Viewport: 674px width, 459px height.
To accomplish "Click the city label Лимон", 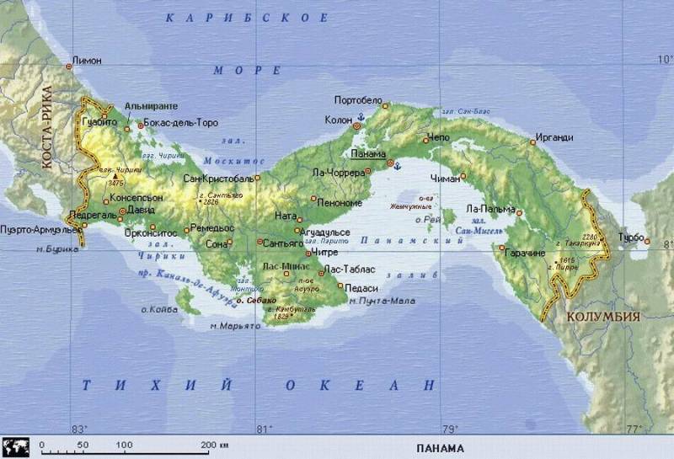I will pos(88,61).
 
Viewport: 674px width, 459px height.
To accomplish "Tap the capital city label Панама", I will pos(367,154).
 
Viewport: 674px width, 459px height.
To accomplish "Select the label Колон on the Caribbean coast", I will pos(338,120).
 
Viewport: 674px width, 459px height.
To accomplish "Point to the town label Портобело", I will pos(358,99).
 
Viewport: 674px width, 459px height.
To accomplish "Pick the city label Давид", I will pos(142,211).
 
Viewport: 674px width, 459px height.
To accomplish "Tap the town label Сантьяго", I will pos(283,243).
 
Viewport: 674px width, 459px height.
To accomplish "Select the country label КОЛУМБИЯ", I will pos(602,317).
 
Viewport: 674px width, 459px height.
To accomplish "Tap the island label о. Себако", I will pos(255,300).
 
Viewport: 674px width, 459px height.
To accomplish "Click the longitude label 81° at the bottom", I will pos(263,429).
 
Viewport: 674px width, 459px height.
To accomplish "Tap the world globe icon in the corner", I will pos(16,446).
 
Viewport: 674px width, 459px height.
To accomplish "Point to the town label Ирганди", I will pos(554,137).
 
